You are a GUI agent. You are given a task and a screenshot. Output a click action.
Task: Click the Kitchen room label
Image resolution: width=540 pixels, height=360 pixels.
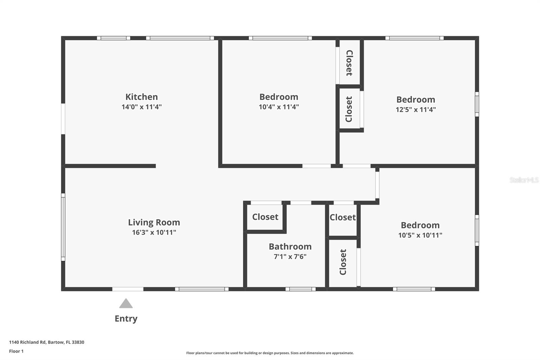tap(141, 97)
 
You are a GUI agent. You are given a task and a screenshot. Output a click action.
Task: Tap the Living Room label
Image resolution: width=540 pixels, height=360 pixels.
tap(154, 223)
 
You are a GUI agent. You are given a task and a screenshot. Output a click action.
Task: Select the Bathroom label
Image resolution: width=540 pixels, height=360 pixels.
tap(290, 247)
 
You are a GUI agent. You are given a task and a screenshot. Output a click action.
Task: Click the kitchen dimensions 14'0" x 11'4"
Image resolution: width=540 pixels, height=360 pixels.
tap(141, 107)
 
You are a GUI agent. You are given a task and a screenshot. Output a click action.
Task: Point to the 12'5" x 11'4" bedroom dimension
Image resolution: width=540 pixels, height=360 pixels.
tap(415, 110)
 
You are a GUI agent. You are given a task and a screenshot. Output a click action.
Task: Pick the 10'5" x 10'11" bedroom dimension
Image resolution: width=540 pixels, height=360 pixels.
tap(420, 235)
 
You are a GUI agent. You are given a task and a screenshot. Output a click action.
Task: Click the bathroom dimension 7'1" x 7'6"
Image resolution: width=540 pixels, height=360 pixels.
tap(290, 257)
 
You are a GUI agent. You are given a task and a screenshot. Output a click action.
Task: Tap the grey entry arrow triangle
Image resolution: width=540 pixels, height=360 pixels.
tap(126, 304)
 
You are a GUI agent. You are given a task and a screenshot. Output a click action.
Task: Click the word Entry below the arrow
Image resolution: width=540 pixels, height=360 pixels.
tap(126, 319)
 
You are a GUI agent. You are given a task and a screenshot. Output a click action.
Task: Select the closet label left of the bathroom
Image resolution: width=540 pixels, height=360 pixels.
tap(265, 217)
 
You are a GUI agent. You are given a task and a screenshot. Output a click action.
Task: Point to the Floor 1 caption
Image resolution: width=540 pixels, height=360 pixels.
tap(16, 351)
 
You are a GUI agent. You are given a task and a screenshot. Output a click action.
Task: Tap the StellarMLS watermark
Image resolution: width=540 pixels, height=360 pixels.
tap(524, 180)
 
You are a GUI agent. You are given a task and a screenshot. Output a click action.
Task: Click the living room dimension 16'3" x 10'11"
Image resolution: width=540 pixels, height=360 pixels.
tap(154, 232)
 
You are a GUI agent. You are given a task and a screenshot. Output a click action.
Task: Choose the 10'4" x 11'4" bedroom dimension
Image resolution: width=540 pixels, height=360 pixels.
tap(279, 107)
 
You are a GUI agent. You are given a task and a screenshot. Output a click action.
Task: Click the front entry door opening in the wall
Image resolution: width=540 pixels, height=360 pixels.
tap(128, 289)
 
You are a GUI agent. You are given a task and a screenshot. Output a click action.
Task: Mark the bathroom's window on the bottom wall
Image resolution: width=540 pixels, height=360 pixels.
tap(300, 289)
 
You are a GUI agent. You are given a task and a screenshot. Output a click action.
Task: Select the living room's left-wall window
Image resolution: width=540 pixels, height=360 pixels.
tap(63, 227)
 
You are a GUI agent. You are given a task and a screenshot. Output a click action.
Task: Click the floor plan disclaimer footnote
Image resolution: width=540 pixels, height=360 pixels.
tap(270, 353)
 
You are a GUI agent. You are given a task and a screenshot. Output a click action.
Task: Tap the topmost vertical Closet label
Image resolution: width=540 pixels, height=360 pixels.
tap(349, 63)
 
